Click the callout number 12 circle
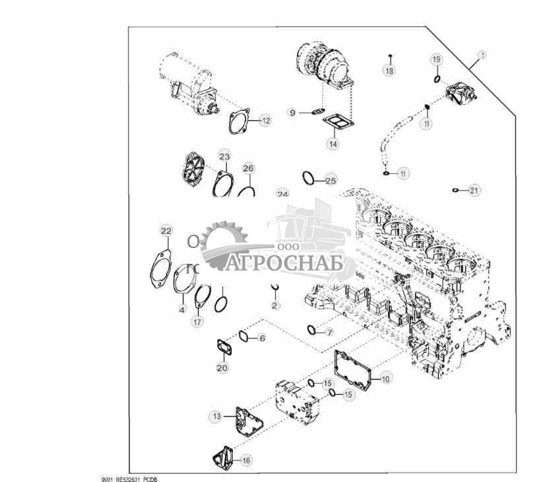tap(265, 121)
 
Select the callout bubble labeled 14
tap(334, 143)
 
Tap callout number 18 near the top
tap(389, 70)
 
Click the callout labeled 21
tap(474, 191)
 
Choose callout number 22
tap(166, 230)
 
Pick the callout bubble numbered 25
tap(331, 180)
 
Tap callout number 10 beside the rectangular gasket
tap(385, 378)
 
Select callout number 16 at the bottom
tap(245, 460)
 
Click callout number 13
tap(216, 416)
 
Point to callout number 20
tap(222, 367)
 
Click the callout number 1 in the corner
tap(482, 55)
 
